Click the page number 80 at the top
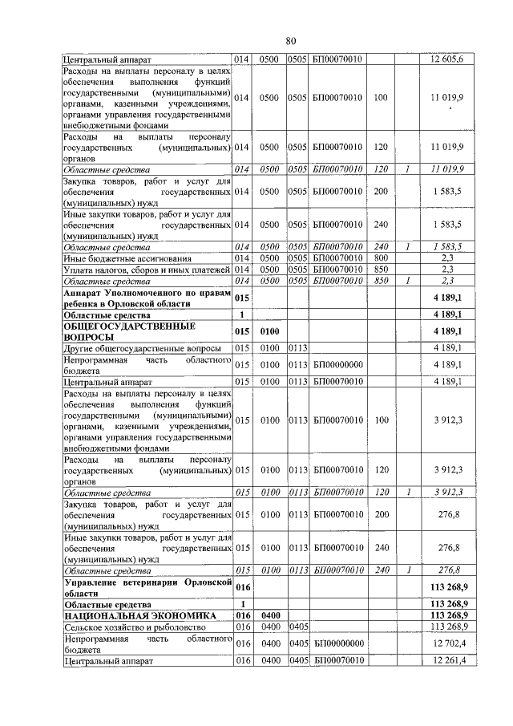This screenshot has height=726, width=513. [x=291, y=41]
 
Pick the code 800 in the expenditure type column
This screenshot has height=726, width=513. [x=380, y=258]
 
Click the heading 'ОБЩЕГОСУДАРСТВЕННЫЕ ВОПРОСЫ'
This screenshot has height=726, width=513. [x=118, y=332]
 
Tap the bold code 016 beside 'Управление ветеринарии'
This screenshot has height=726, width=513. [x=243, y=588]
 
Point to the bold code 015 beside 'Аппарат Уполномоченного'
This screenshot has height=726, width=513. [x=243, y=298]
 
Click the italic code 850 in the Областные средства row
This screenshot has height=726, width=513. [x=380, y=281]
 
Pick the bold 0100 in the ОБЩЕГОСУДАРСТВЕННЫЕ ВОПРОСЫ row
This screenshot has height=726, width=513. [x=269, y=331]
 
